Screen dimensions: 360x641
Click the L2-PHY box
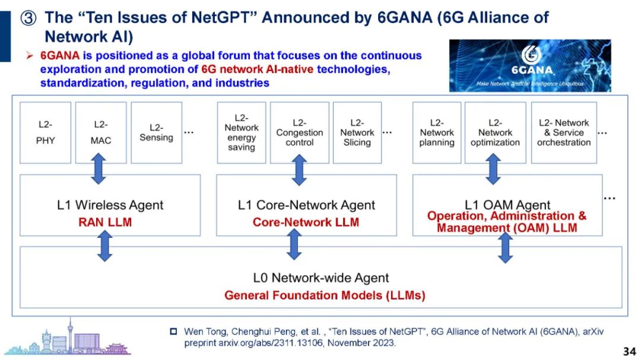45,132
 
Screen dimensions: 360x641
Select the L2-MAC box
101,132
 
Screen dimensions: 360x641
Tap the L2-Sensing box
156,132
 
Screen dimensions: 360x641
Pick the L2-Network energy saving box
241,132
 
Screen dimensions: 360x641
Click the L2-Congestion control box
299,132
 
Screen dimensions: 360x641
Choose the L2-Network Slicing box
357,132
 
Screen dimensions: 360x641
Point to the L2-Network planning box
436,132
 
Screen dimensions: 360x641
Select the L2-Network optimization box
495,132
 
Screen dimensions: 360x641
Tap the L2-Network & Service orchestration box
563,132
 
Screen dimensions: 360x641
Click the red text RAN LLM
105,223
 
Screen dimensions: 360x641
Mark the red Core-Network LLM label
306,223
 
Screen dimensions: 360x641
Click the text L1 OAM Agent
507,205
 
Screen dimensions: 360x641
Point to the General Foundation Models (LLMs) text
325,295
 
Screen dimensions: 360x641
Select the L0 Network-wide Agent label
321,278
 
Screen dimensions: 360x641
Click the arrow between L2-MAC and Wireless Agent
99,168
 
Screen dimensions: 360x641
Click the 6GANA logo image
529,65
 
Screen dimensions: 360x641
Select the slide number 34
629,350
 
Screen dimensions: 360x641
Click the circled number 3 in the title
29,18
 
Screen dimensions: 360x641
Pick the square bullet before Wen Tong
174,331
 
